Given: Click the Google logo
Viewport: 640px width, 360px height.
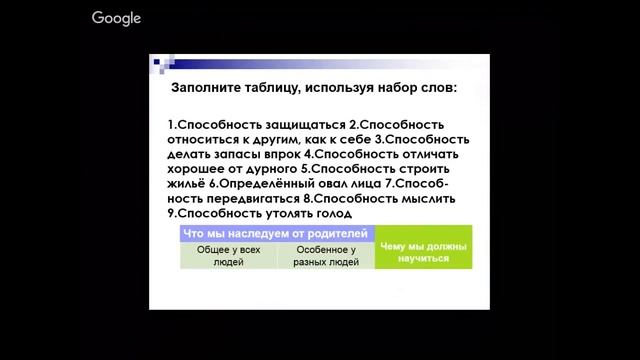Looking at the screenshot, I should (x=116, y=18).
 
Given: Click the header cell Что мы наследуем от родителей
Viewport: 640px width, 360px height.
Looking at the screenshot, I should (x=277, y=233).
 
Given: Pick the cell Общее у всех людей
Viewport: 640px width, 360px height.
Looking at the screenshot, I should (x=228, y=255).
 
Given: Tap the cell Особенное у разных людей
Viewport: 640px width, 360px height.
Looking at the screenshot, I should (x=325, y=255).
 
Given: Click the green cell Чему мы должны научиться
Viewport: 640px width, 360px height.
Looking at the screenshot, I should (x=423, y=252).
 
